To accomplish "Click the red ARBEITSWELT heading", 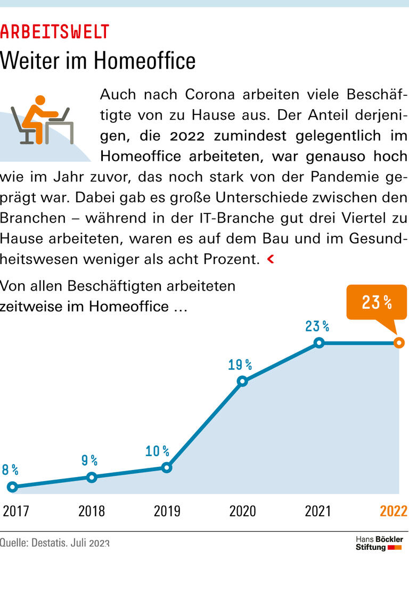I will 54,32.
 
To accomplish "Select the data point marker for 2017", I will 13,486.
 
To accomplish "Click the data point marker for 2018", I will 92,477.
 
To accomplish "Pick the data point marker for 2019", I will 167,467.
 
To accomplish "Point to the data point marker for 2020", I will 242,381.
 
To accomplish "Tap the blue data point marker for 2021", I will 318,343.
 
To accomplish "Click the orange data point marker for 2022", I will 399,343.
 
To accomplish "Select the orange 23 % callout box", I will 376,302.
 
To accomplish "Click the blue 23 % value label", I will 317,326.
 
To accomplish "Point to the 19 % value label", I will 240,365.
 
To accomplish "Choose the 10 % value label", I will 157,452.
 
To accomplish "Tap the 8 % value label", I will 10,469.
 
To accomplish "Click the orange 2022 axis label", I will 393,512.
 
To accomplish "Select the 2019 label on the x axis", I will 167,512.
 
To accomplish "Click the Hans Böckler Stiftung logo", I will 379,543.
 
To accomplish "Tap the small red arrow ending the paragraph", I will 271,259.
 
